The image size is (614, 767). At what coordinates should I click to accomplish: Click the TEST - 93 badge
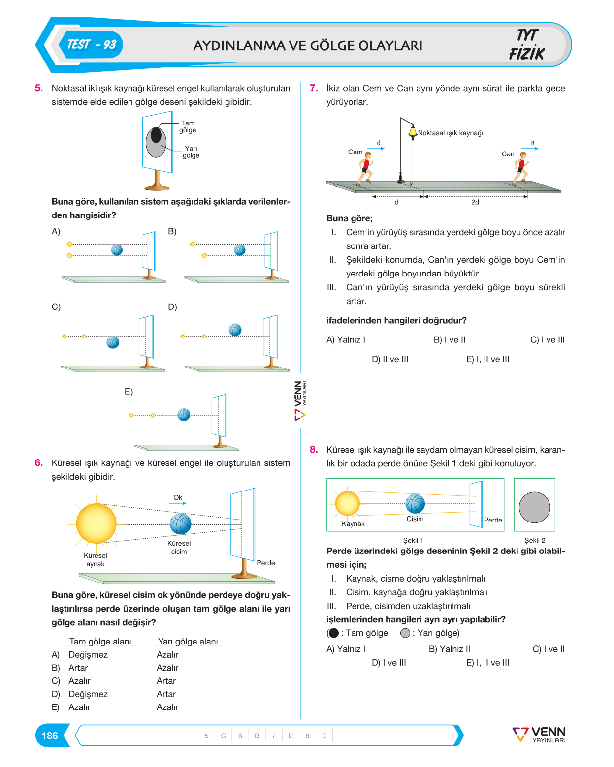(x=91, y=45)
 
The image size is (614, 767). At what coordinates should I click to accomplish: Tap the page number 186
(x=50, y=736)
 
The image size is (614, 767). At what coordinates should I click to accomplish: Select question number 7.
(x=314, y=88)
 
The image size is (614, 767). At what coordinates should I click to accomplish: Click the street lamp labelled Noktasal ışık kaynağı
(x=406, y=150)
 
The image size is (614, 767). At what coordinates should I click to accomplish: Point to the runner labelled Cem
(x=365, y=169)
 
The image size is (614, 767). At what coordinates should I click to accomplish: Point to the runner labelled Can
(x=520, y=169)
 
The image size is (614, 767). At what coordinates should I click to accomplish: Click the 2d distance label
(x=475, y=202)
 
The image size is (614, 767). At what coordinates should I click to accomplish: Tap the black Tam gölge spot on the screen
(x=156, y=135)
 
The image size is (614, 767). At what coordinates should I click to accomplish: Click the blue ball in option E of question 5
(x=183, y=415)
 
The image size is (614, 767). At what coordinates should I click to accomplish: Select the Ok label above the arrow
(x=178, y=497)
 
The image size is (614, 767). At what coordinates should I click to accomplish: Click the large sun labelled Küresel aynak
(x=96, y=523)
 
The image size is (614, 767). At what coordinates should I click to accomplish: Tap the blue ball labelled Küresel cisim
(x=180, y=523)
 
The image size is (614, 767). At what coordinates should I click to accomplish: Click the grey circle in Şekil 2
(x=534, y=507)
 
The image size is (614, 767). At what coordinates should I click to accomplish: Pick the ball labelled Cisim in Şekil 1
(x=415, y=504)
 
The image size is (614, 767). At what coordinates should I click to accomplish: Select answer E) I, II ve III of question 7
(x=487, y=359)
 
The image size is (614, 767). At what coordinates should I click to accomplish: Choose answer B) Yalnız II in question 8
(x=449, y=649)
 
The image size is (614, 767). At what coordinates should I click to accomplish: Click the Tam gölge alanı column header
(x=100, y=641)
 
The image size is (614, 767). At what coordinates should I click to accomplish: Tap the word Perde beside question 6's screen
(x=266, y=563)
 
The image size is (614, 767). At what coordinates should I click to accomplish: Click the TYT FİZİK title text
(x=526, y=45)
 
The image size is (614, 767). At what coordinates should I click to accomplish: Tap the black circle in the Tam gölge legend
(x=333, y=633)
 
